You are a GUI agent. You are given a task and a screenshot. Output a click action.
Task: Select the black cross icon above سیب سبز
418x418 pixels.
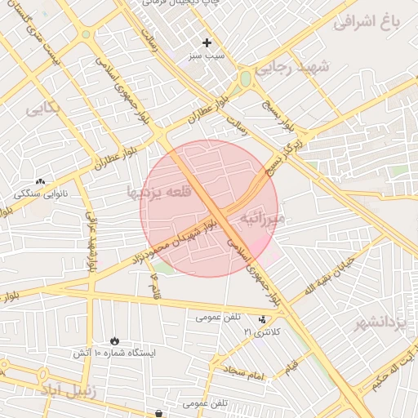pos(207,42)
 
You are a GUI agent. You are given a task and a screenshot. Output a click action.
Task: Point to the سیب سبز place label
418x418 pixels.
pos(207,57)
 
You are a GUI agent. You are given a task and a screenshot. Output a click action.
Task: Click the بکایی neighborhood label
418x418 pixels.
pos(42,109)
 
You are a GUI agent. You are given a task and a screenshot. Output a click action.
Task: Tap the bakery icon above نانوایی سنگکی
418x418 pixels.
pos(40,181)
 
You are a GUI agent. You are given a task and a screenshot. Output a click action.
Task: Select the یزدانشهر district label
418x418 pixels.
pos(380,323)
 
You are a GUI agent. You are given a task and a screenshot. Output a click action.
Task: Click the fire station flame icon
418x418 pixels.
pos(113,340)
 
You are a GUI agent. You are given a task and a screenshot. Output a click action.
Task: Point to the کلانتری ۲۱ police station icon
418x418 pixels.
pos(261,319)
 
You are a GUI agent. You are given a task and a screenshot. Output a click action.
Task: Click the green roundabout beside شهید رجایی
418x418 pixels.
pos(244,79)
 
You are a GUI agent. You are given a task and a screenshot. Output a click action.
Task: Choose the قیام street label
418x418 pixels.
pos(291,369)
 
